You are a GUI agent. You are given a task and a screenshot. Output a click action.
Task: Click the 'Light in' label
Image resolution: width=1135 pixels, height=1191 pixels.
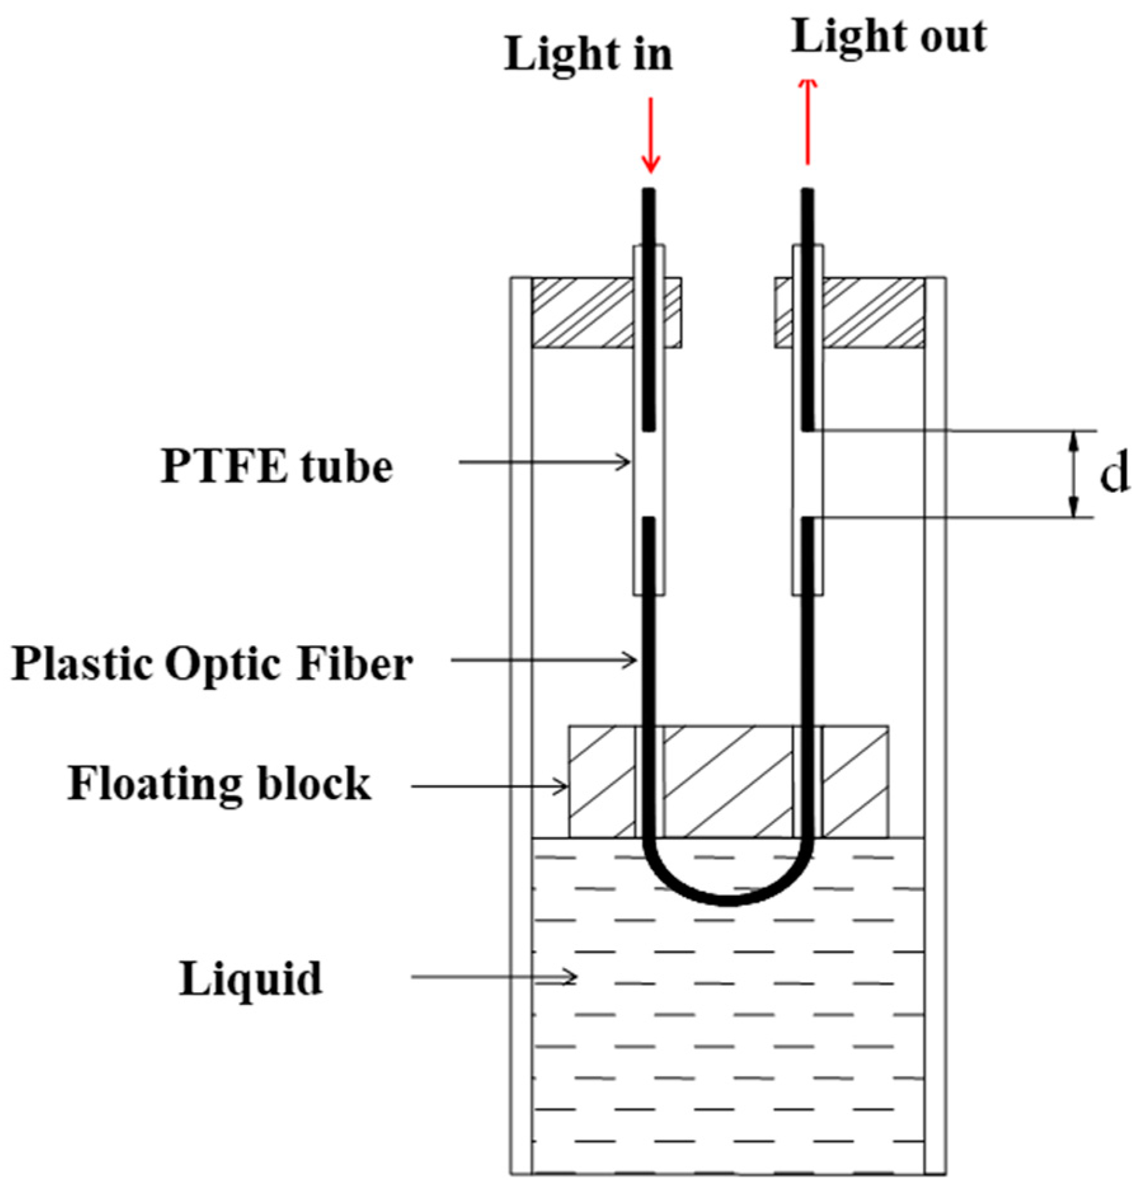pyautogui.click(x=588, y=55)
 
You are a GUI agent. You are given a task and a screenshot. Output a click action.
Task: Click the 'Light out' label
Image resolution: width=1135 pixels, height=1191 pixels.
pyautogui.click(x=889, y=37)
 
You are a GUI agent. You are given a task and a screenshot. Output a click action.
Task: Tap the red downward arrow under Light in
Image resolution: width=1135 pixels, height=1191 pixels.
pyautogui.click(x=650, y=135)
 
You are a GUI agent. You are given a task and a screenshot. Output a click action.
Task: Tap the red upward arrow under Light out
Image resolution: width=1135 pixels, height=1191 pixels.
pyautogui.click(x=807, y=121)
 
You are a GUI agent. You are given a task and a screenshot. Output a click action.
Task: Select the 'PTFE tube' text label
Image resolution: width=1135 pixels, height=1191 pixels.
pyautogui.click(x=277, y=467)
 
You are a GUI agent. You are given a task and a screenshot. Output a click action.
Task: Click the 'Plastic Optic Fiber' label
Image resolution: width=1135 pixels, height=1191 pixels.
pyautogui.click(x=212, y=664)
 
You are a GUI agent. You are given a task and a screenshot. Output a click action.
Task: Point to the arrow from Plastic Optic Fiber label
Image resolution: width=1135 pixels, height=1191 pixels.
pyautogui.click(x=543, y=661)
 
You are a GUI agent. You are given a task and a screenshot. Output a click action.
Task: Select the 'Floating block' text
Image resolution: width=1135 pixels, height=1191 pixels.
pyautogui.click(x=219, y=783)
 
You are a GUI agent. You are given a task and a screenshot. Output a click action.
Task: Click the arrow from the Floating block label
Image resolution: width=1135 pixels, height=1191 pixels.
pyautogui.click(x=490, y=786)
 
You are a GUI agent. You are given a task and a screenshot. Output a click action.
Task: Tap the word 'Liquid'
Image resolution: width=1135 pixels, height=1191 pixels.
pyautogui.click(x=251, y=979)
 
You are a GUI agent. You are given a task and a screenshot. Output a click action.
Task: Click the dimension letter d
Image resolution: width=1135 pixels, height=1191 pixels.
pyautogui.click(x=1113, y=475)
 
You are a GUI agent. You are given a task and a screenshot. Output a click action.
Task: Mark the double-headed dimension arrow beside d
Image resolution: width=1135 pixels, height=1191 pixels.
pyautogui.click(x=1073, y=474)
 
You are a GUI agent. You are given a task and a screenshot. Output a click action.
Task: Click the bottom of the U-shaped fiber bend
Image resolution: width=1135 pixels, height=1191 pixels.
pyautogui.click(x=728, y=899)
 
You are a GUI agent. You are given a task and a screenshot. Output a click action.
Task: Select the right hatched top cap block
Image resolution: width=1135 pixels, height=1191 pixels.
pyautogui.click(x=874, y=313)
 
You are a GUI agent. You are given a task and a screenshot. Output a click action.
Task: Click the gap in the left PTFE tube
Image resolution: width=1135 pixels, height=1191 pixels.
pyautogui.click(x=649, y=474)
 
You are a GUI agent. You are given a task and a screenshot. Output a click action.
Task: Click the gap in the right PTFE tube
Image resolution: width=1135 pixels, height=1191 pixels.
pyautogui.click(x=807, y=474)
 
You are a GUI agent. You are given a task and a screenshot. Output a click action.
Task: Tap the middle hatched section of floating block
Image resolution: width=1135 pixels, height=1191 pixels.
pyautogui.click(x=728, y=781)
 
